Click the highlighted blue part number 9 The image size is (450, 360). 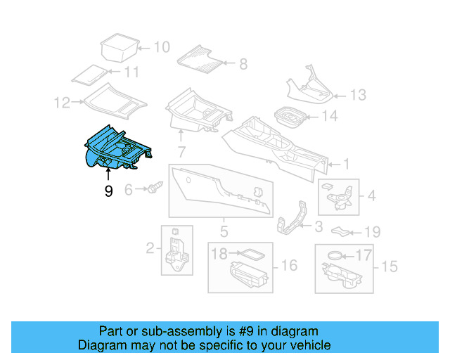(x=115, y=150)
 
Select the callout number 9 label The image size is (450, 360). (x=108, y=191)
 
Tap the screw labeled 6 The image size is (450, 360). (x=155, y=188)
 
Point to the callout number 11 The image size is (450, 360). (x=131, y=72)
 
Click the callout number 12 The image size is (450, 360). (x=63, y=103)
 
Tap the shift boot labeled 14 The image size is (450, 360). (x=288, y=116)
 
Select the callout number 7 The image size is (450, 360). (x=181, y=151)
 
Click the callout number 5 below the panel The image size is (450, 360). (x=224, y=231)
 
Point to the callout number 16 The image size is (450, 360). (x=289, y=265)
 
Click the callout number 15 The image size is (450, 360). (x=389, y=266)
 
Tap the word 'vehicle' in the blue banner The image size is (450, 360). (x=307, y=345)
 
